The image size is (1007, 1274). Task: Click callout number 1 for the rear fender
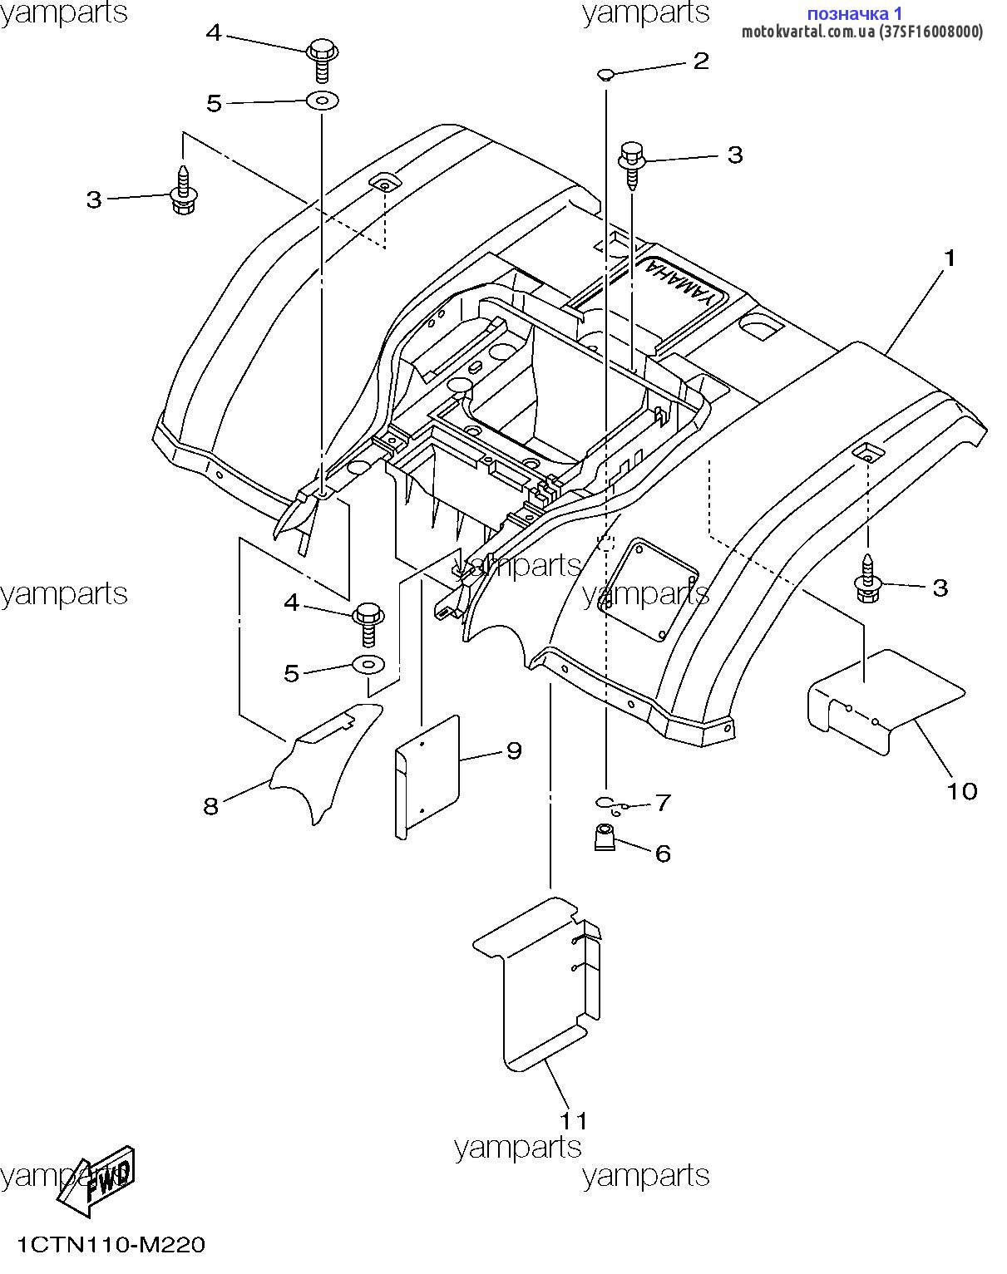[x=949, y=258]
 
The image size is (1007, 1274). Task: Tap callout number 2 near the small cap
[x=701, y=61]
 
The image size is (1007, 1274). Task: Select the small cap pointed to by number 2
[x=605, y=74]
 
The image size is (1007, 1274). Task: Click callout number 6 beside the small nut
[x=663, y=853]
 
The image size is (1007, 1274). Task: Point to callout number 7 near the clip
[x=662, y=803]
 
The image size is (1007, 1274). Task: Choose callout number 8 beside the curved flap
[x=211, y=806]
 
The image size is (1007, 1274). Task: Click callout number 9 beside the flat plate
[x=514, y=750]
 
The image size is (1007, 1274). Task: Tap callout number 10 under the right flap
[x=962, y=791]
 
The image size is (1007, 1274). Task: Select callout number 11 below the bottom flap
[x=574, y=1120]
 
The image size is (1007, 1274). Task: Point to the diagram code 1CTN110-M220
[x=111, y=1245]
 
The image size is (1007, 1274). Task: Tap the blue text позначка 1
[x=854, y=13]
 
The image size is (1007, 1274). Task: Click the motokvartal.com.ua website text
[x=808, y=32]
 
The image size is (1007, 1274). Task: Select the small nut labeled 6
[x=605, y=837]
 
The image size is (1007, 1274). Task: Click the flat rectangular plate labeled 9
[x=427, y=776]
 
